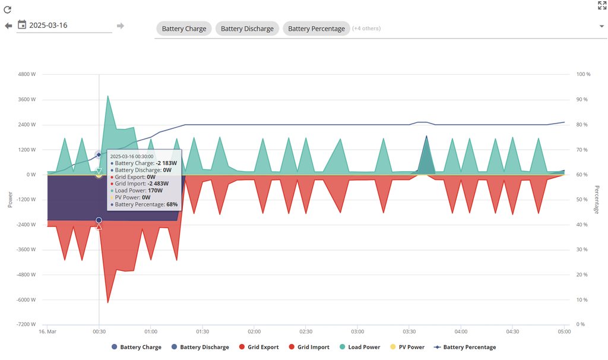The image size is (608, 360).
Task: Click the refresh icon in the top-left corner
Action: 8,10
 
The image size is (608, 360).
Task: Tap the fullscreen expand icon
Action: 601,5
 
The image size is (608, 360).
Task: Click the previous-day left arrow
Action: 8,26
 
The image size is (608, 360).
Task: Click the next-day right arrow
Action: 121,26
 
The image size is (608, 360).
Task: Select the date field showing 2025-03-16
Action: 64,26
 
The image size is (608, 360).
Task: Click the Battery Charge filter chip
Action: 183,29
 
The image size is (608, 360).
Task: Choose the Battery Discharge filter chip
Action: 247,29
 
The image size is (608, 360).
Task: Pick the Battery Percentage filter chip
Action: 316,29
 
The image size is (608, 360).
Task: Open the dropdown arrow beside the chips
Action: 601,26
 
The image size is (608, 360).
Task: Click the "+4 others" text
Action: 366,29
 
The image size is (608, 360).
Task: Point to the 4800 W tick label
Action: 27,75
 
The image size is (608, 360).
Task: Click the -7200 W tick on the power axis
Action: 26,325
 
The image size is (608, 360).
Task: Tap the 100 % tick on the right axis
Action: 583,75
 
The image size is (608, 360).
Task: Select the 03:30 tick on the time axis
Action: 409,331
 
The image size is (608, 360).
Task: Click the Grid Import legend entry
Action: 312,347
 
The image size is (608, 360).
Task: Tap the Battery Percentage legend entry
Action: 468,347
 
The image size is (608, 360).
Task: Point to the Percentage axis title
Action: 597,200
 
